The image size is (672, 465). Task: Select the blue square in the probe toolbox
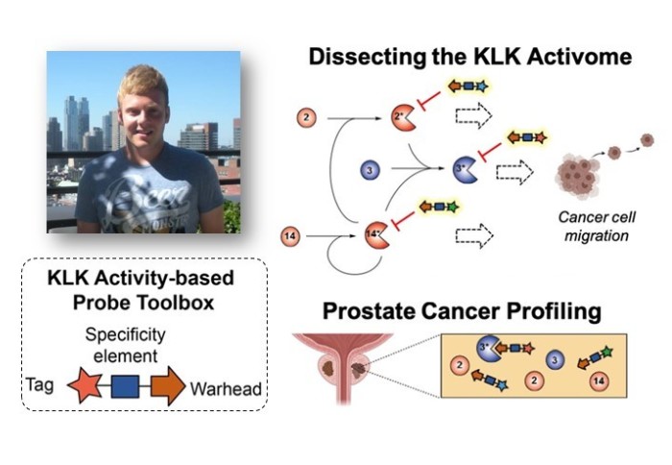[x=121, y=386]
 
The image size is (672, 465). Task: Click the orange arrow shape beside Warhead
[x=167, y=386]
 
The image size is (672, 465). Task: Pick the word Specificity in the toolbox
[x=125, y=335]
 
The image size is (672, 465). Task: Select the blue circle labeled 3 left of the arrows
[x=370, y=170]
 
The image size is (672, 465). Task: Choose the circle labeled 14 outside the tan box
[x=291, y=233]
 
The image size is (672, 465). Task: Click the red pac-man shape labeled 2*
[x=402, y=119]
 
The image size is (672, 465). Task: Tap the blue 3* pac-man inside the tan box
[x=484, y=349]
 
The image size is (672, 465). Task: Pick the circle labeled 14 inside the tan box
[x=599, y=381]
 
